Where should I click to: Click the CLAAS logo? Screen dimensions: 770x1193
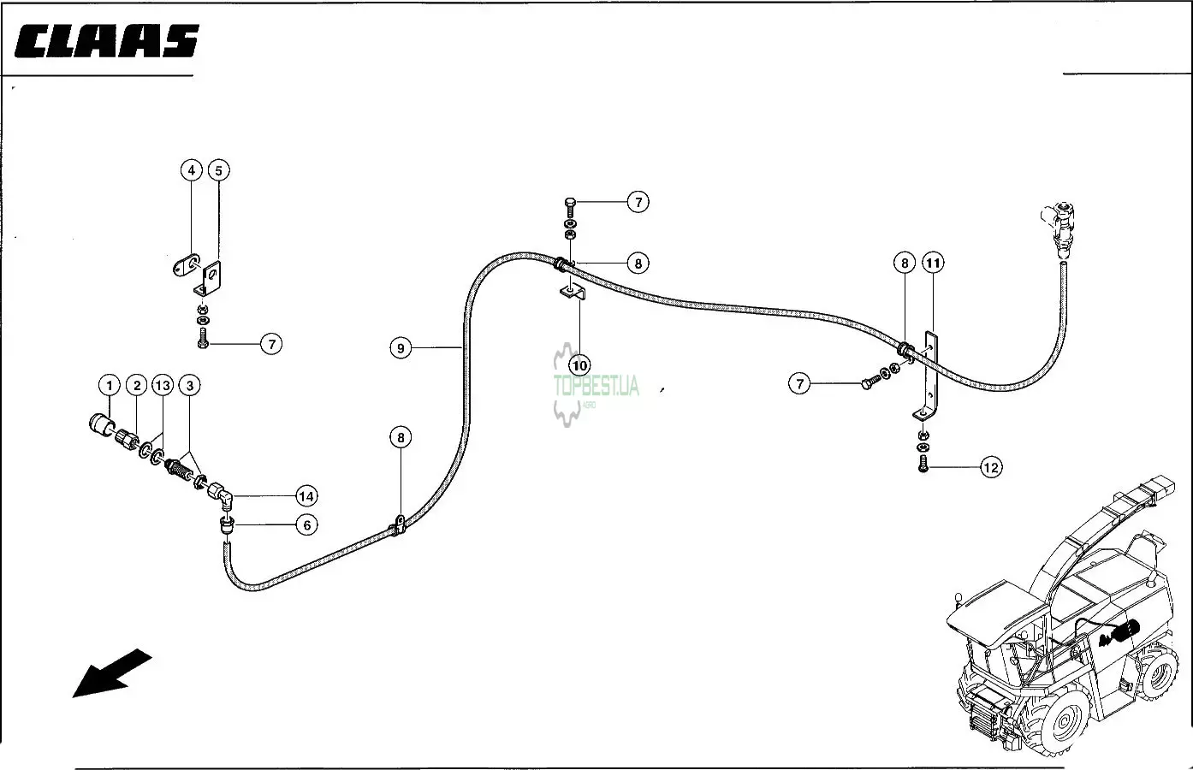pos(107,41)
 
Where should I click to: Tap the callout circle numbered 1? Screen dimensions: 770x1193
pos(109,386)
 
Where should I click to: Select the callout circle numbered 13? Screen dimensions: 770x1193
pos(163,386)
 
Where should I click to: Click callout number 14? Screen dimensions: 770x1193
pos(306,495)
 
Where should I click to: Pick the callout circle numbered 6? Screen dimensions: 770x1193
pos(306,524)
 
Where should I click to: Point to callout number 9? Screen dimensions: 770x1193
pos(401,347)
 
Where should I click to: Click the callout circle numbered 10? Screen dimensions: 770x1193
pos(580,365)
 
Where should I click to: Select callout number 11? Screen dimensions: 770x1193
pos(933,264)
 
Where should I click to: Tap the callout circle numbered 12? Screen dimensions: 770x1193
pos(990,467)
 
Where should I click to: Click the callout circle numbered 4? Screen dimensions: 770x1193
pos(192,170)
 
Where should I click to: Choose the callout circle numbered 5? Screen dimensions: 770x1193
pos(218,170)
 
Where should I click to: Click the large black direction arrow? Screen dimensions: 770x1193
pos(111,672)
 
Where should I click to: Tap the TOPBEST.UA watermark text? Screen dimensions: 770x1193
pos(596,386)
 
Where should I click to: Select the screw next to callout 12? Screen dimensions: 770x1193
pos(923,466)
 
